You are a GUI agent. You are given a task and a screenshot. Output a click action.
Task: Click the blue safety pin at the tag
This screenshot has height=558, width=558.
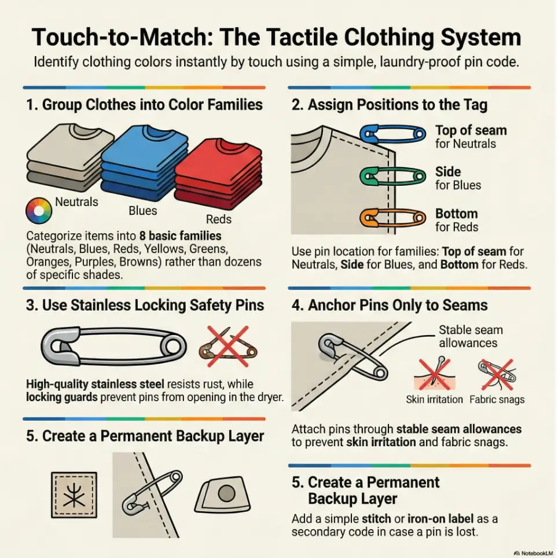(392, 134)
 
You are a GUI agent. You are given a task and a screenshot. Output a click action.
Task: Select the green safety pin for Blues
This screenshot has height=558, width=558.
(392, 176)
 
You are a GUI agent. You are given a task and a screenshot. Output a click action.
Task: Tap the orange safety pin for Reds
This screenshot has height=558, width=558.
(392, 218)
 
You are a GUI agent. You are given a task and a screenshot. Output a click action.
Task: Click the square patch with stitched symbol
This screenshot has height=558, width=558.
(74, 495)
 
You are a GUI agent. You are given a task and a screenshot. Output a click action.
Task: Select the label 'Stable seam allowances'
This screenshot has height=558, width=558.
(470, 336)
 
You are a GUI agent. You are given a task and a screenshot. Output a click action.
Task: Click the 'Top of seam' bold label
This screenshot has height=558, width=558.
(471, 130)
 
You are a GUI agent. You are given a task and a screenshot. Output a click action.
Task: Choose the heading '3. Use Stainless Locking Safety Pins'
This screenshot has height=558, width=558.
(145, 305)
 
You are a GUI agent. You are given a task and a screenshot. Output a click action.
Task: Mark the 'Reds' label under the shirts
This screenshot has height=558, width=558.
(219, 219)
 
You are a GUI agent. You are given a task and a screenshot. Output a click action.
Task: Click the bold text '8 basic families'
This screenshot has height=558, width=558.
(180, 236)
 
